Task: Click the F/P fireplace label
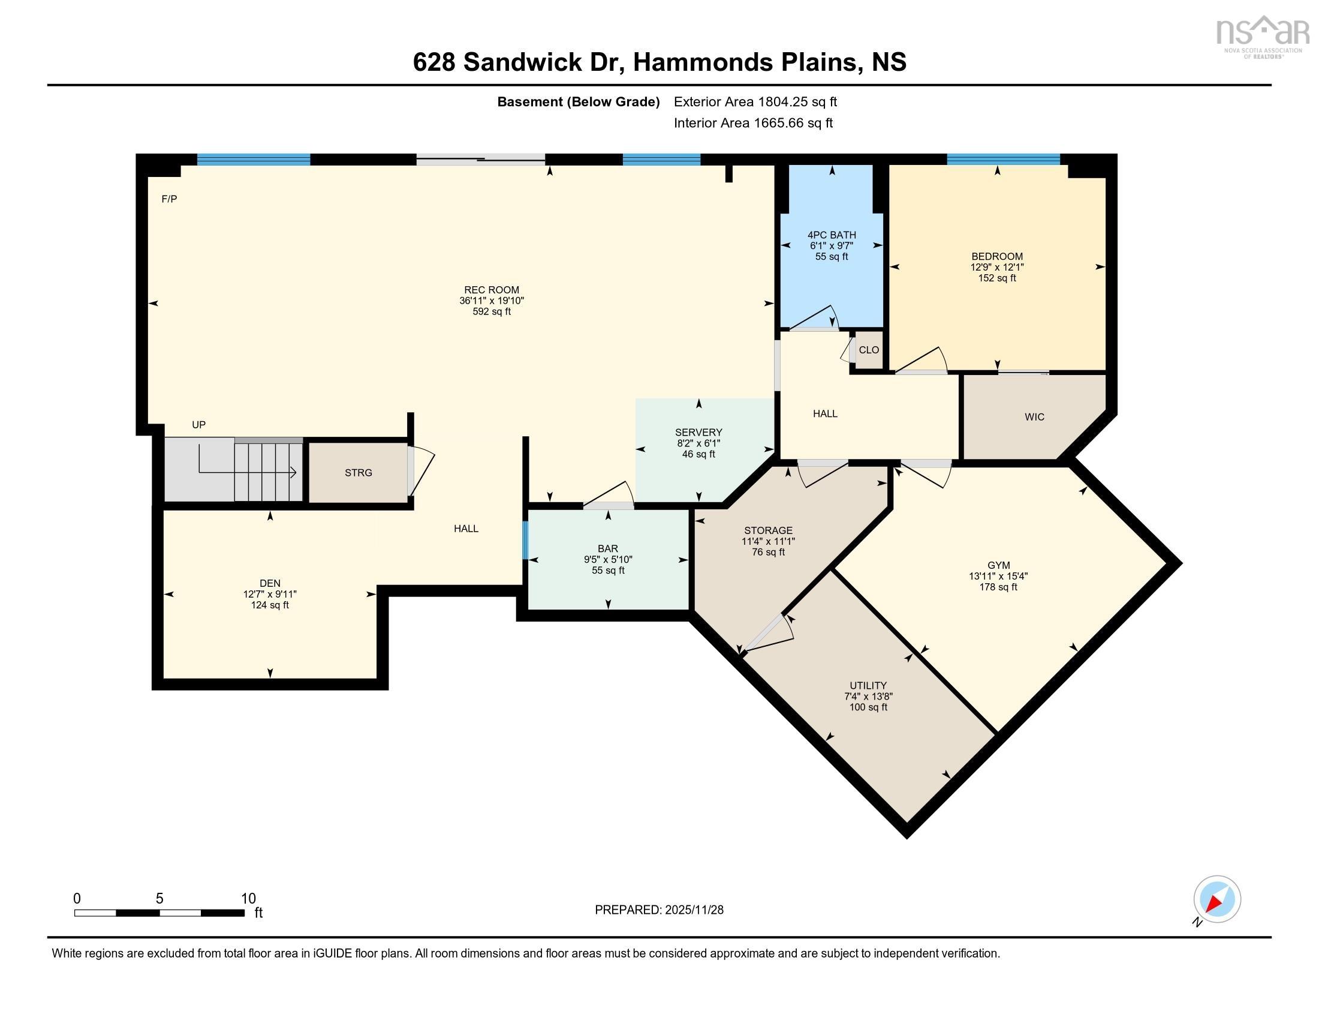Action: coord(169,199)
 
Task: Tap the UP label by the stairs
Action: coord(198,425)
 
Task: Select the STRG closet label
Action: coord(358,473)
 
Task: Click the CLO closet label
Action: coord(869,350)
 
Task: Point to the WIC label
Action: coord(1034,417)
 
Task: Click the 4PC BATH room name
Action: coord(832,235)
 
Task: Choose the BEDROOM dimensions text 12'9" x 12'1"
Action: coord(997,267)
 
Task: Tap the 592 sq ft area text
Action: coord(492,312)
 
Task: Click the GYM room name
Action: coord(998,566)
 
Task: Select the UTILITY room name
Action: coord(868,685)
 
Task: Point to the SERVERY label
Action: coord(698,432)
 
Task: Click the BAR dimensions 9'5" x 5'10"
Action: coord(607,560)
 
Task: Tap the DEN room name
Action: coord(270,583)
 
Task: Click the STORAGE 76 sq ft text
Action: coord(768,552)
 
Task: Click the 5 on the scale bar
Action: coord(159,898)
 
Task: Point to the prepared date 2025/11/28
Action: coord(694,910)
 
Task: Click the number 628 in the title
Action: coord(433,62)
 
